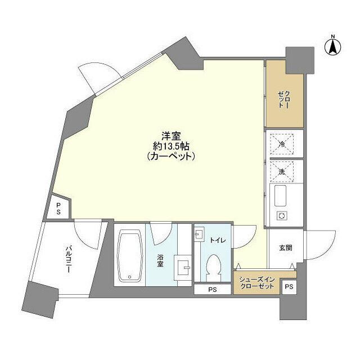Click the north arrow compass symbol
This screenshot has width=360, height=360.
tap(332, 47)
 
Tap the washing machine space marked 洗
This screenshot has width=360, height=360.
tap(282, 172)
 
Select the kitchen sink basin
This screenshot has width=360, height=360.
tap(281, 197)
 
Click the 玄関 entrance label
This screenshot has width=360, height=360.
tap(284, 248)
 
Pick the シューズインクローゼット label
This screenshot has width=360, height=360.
tap(258, 282)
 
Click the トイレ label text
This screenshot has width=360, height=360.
tap(218, 240)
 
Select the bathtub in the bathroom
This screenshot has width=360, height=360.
tap(130, 256)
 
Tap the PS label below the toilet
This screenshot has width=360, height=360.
tap(212, 290)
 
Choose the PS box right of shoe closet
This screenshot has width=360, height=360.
tap(288, 287)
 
